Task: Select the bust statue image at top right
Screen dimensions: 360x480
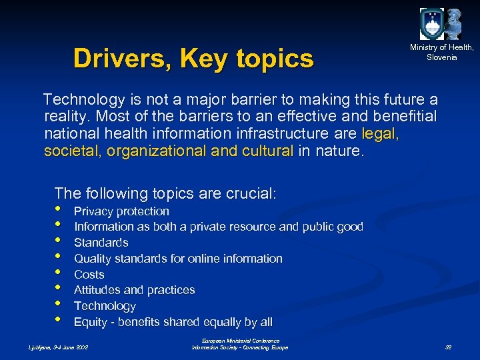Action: tap(454, 24)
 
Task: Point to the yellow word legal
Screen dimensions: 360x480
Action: tap(379, 134)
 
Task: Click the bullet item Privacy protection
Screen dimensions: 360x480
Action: tap(121, 211)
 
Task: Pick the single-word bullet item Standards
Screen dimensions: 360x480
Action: tap(101, 243)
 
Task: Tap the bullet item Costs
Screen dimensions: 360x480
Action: tap(89, 275)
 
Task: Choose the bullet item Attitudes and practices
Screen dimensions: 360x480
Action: tap(134, 290)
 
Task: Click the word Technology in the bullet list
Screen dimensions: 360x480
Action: tap(105, 306)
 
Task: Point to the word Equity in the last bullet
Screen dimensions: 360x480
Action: tap(90, 322)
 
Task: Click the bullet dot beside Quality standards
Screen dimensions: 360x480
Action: tap(59, 256)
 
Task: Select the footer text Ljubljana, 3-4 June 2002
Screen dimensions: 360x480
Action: tap(58, 347)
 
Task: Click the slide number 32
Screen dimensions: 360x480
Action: tap(448, 347)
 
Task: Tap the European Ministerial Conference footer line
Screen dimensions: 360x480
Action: tap(240, 341)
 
